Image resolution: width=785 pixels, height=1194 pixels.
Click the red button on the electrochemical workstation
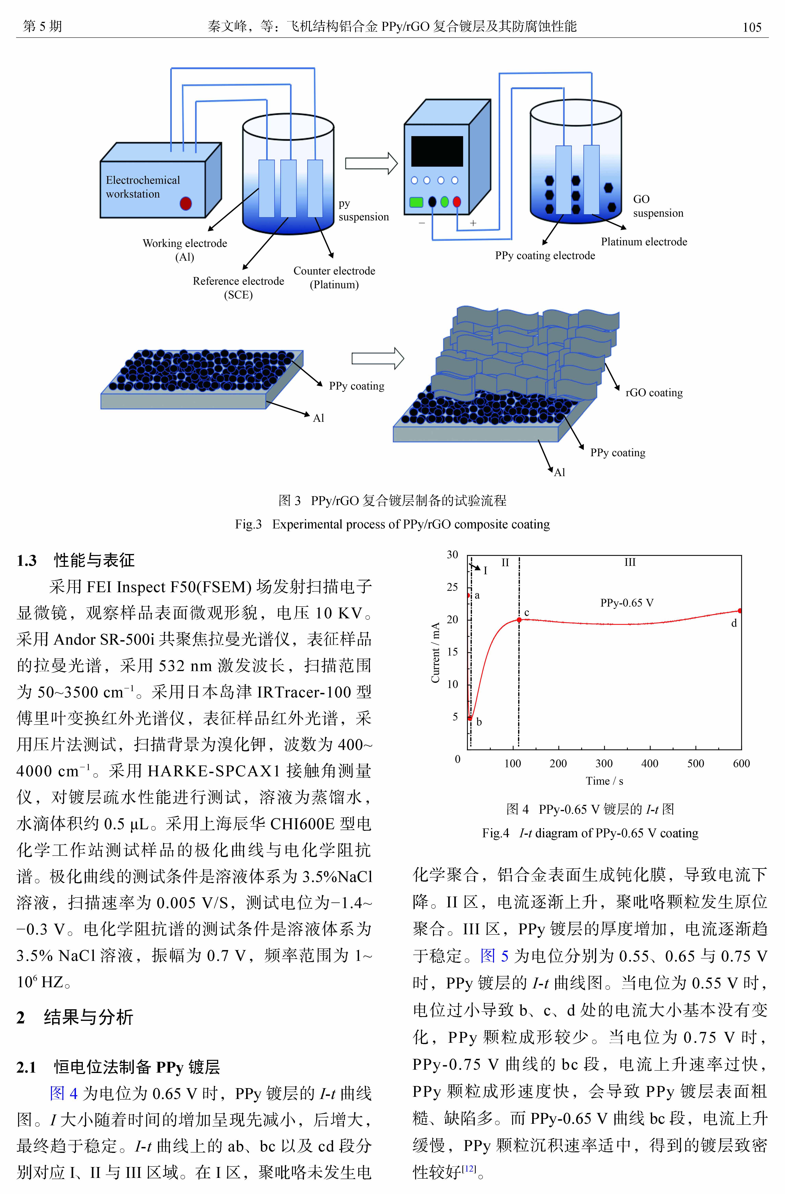[186, 203]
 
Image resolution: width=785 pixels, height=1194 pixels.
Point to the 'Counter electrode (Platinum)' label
[334, 277]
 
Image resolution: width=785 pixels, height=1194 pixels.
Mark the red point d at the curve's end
[740, 610]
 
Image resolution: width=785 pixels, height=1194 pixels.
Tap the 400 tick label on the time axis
[650, 764]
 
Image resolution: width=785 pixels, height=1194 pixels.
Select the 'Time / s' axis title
[604, 781]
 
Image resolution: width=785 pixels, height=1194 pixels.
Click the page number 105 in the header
[752, 27]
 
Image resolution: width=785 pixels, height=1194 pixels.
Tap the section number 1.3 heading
[27, 560]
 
